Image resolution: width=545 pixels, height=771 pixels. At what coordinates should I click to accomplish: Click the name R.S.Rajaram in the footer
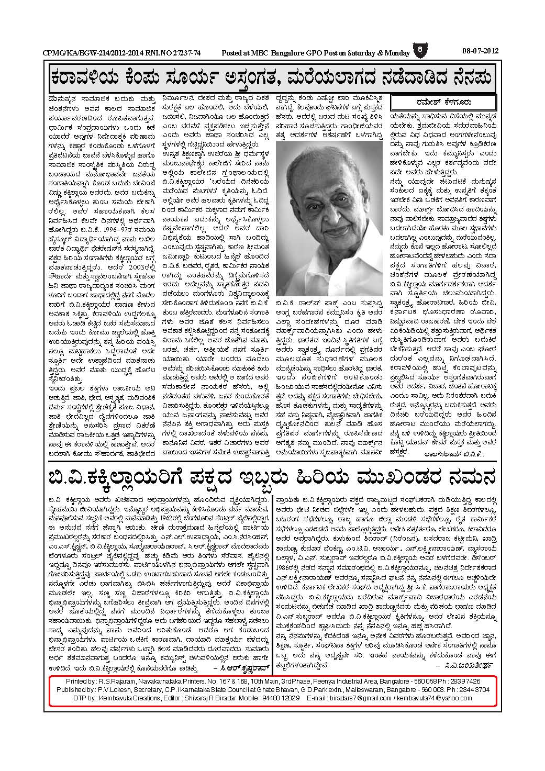(116, 681)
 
